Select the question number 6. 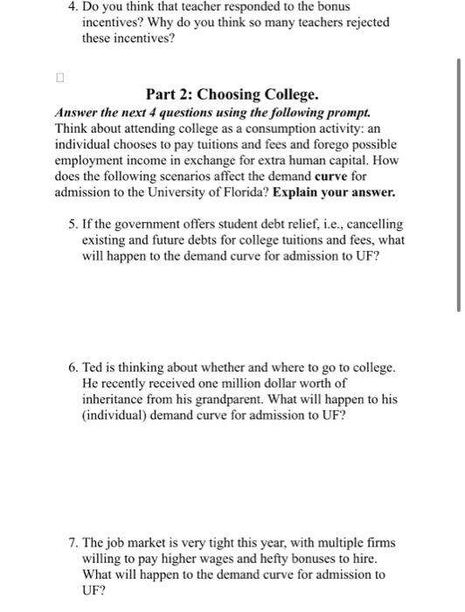72,367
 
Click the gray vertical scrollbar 458,184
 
